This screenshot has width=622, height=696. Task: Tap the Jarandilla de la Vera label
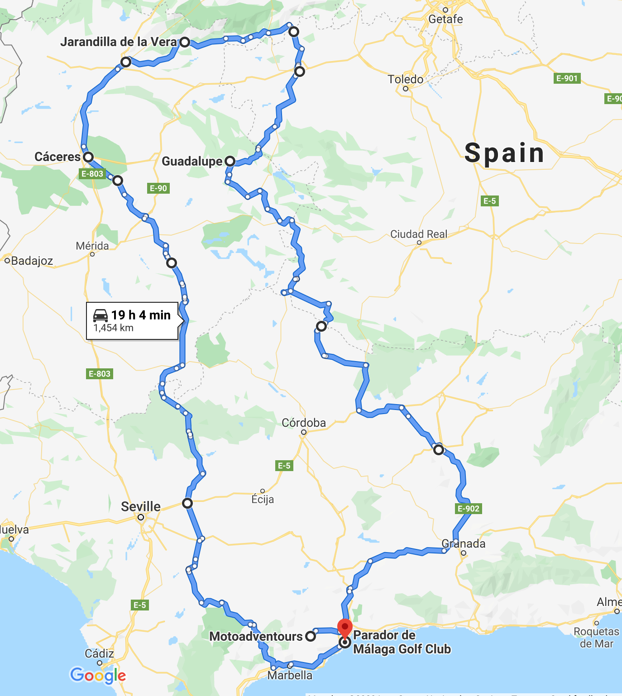click(119, 42)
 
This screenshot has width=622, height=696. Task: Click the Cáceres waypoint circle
click(88, 157)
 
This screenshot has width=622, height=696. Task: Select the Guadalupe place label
click(192, 162)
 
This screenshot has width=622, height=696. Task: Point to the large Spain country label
click(504, 153)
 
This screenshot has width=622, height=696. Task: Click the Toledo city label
click(405, 79)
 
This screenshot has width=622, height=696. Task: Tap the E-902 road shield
click(468, 509)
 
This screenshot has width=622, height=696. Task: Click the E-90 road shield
click(158, 188)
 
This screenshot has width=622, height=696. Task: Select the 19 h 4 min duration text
click(141, 315)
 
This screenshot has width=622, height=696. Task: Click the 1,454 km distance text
click(113, 328)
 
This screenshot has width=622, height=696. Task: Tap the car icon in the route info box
click(100, 315)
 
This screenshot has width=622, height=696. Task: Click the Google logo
click(98, 676)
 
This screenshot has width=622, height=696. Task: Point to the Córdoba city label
click(303, 423)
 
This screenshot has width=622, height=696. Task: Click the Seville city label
click(140, 506)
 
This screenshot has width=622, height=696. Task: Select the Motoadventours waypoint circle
click(310, 636)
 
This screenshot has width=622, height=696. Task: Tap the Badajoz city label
click(32, 261)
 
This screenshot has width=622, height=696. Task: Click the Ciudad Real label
click(418, 234)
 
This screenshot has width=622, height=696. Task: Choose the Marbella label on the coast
click(290, 676)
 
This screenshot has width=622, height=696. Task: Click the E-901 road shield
click(567, 78)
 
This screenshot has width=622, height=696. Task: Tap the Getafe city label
click(445, 19)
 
